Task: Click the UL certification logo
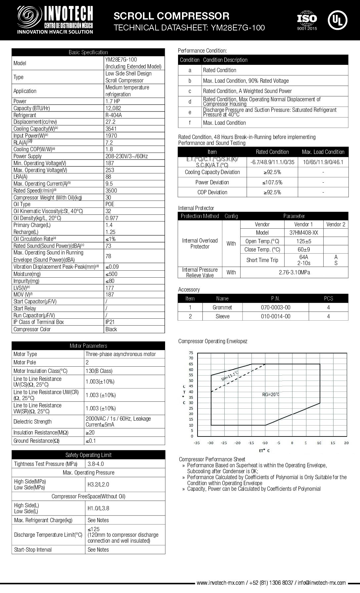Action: (x=337, y=20)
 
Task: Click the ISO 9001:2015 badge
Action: (x=307, y=21)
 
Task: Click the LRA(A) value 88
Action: (x=108, y=177)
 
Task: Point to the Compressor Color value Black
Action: (x=111, y=329)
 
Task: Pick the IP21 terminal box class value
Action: (x=110, y=322)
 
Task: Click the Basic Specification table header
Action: (x=88, y=52)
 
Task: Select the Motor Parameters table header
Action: (x=88, y=346)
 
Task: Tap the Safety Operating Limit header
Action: (x=88, y=455)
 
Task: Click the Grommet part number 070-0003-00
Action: (x=275, y=307)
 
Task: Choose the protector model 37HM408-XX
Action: (x=303, y=233)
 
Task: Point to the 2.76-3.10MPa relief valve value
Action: (x=294, y=272)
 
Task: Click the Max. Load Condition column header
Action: (x=323, y=152)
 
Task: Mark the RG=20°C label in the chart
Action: (x=271, y=394)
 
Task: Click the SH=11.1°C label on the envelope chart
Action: (x=230, y=376)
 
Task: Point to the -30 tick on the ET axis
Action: (x=210, y=443)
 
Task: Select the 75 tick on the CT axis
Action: (x=191, y=353)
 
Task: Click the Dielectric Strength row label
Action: (x=32, y=422)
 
